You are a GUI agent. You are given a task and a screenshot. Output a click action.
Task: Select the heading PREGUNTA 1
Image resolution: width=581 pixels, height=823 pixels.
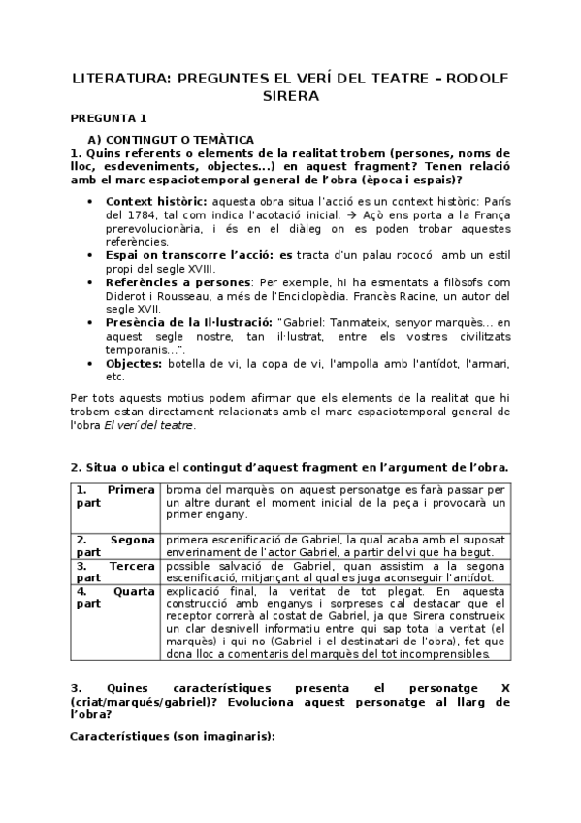[108, 117]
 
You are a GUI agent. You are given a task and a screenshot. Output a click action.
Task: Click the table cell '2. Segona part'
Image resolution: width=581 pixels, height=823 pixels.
[114, 545]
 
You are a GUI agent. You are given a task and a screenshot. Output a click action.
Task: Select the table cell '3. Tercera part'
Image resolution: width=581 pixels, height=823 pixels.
[114, 571]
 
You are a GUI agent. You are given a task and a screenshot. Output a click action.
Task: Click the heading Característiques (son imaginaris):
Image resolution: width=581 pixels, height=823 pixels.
[173, 736]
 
